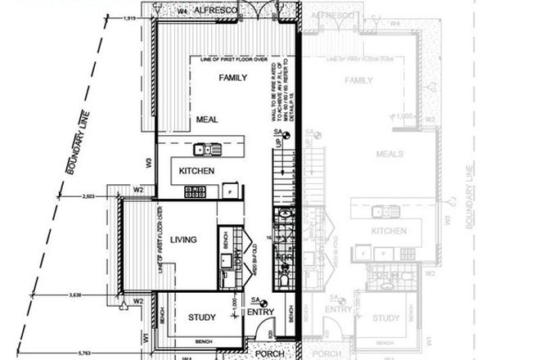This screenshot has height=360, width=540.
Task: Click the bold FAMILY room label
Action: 232,78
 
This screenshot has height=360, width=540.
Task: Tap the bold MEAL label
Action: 206,120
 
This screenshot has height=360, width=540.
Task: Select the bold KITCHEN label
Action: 197,171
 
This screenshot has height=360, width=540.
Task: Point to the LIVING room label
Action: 184,240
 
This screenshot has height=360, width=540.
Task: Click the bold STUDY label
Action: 201,318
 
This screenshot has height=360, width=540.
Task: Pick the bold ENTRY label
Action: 260,312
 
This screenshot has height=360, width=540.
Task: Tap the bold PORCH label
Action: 269,354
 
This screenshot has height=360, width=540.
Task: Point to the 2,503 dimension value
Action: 90,196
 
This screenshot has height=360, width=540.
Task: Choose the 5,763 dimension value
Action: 62,353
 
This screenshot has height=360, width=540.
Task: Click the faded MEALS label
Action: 391,154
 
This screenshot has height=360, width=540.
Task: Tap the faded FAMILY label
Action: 360,81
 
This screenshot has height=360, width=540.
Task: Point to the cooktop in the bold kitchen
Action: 197,191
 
